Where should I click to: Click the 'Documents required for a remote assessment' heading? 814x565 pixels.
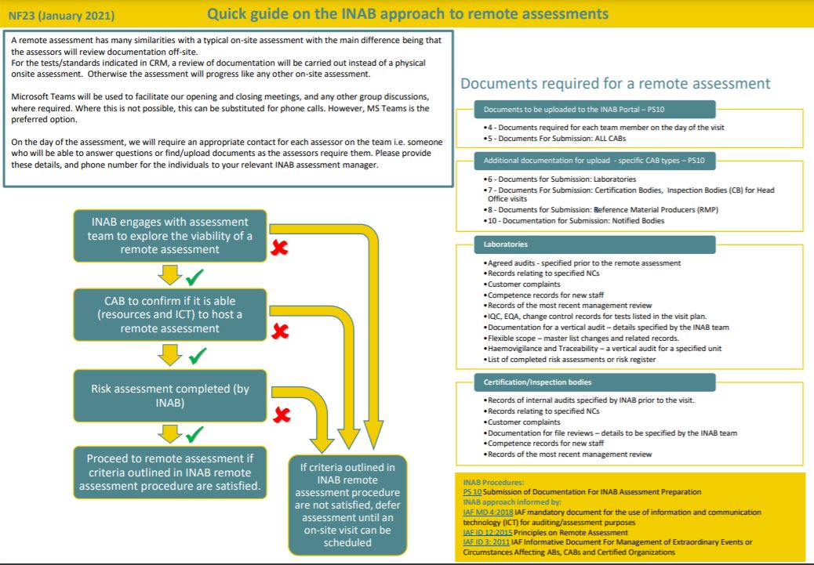(615, 84)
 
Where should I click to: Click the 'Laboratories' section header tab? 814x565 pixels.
(506, 244)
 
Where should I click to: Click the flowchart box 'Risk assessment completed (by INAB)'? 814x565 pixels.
(170, 397)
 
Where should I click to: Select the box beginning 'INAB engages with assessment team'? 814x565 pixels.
(170, 235)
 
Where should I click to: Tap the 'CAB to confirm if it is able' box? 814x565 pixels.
(170, 314)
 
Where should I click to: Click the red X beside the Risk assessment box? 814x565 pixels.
(279, 413)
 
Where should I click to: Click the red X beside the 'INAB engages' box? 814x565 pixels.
(279, 249)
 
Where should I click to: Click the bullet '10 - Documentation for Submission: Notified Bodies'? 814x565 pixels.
(575, 221)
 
